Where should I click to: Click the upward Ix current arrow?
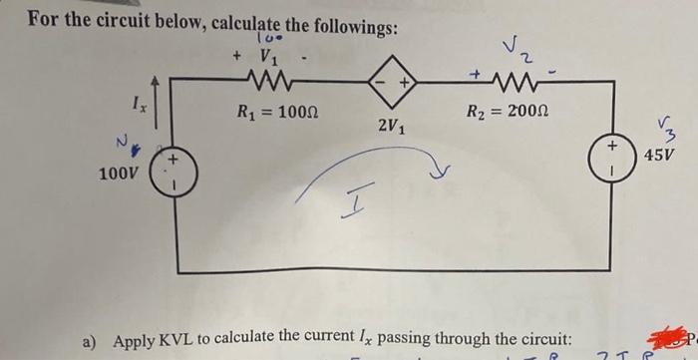click(x=178, y=96)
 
